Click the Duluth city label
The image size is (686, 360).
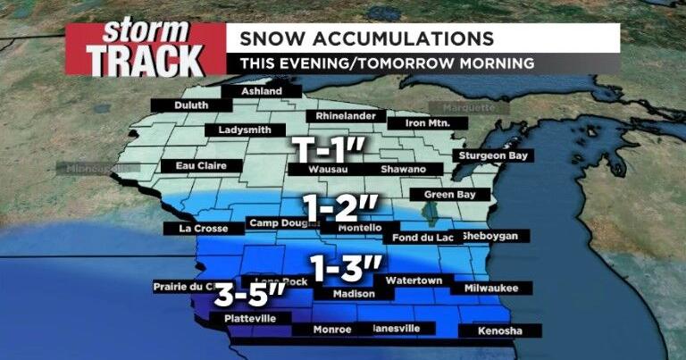[192, 105]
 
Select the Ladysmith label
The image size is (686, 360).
[239, 130]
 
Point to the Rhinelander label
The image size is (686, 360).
[347, 116]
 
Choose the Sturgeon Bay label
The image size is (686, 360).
[494, 155]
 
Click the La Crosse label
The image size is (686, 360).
[198, 229]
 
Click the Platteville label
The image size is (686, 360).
[238, 318]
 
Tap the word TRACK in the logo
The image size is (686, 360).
[145, 60]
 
